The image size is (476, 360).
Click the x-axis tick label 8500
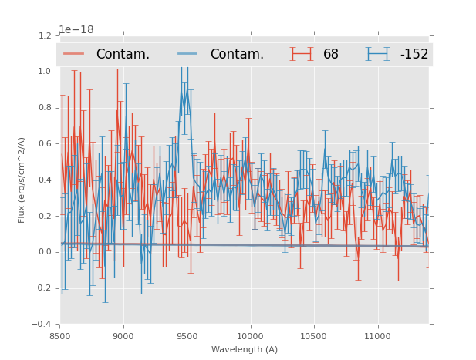(60, 336)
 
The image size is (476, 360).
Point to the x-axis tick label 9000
(123, 336)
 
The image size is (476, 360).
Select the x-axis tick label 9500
(187, 336)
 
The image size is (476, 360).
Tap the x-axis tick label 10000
(250, 336)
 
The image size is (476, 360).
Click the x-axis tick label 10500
(314, 336)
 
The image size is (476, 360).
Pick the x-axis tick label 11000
(377, 336)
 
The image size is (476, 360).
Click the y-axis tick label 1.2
(44, 35)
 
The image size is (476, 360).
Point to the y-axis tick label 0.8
(44, 108)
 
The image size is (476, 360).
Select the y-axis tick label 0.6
(44, 143)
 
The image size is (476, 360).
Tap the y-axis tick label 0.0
(44, 252)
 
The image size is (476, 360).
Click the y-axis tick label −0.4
(42, 324)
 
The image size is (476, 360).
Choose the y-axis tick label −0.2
(42, 288)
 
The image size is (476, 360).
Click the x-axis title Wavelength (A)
(245, 349)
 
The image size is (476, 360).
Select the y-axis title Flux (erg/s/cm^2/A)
(22, 180)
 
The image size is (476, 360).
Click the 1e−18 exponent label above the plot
(76, 30)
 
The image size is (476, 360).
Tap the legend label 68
(331, 54)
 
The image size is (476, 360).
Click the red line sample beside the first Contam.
(74, 54)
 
